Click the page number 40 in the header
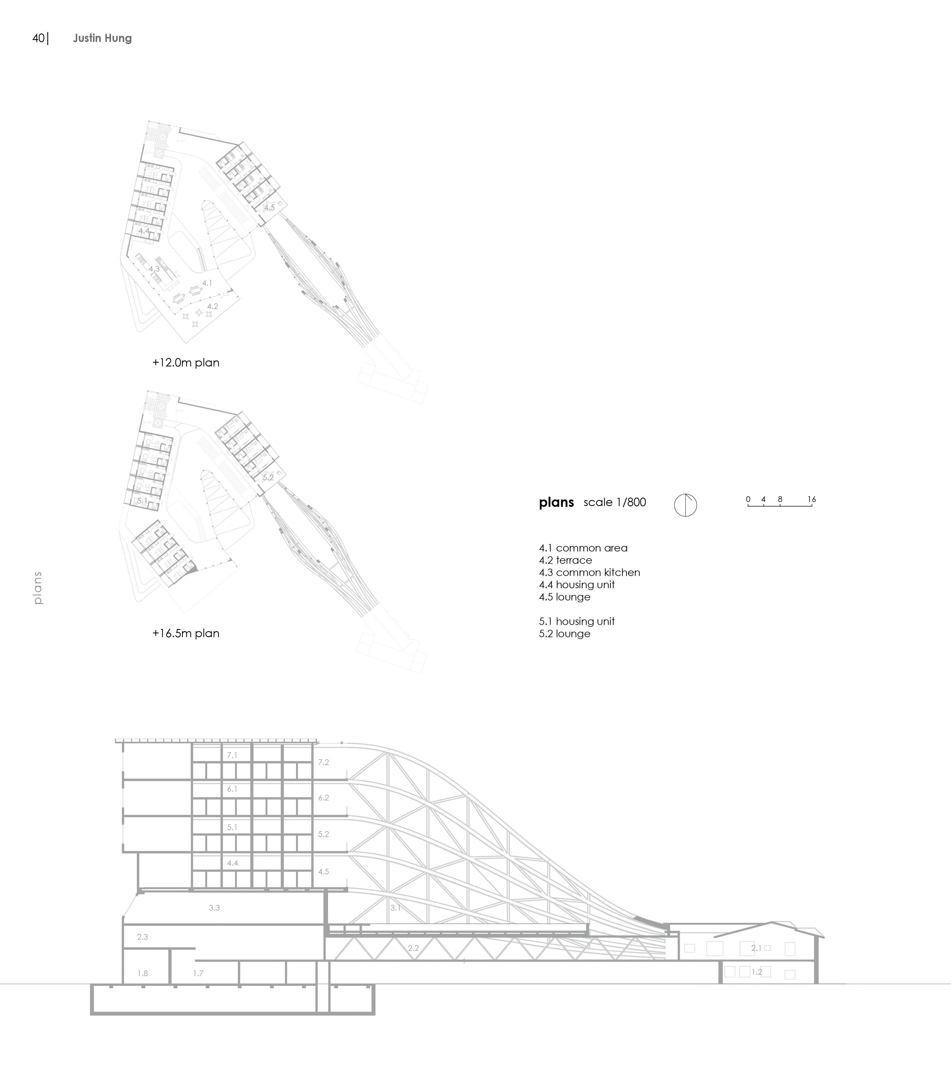pyautogui.click(x=38, y=38)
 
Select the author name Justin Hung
pyautogui.click(x=102, y=38)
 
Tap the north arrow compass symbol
pyautogui.click(x=685, y=505)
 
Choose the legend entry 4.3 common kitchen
pyautogui.click(x=589, y=572)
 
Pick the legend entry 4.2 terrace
pyautogui.click(x=565, y=560)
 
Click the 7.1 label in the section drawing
pyautogui.click(x=232, y=755)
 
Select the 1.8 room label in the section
pyautogui.click(x=142, y=973)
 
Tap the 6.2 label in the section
pyautogui.click(x=323, y=798)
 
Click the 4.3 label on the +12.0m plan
pyautogui.click(x=154, y=269)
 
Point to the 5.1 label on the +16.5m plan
pyautogui.click(x=142, y=501)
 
